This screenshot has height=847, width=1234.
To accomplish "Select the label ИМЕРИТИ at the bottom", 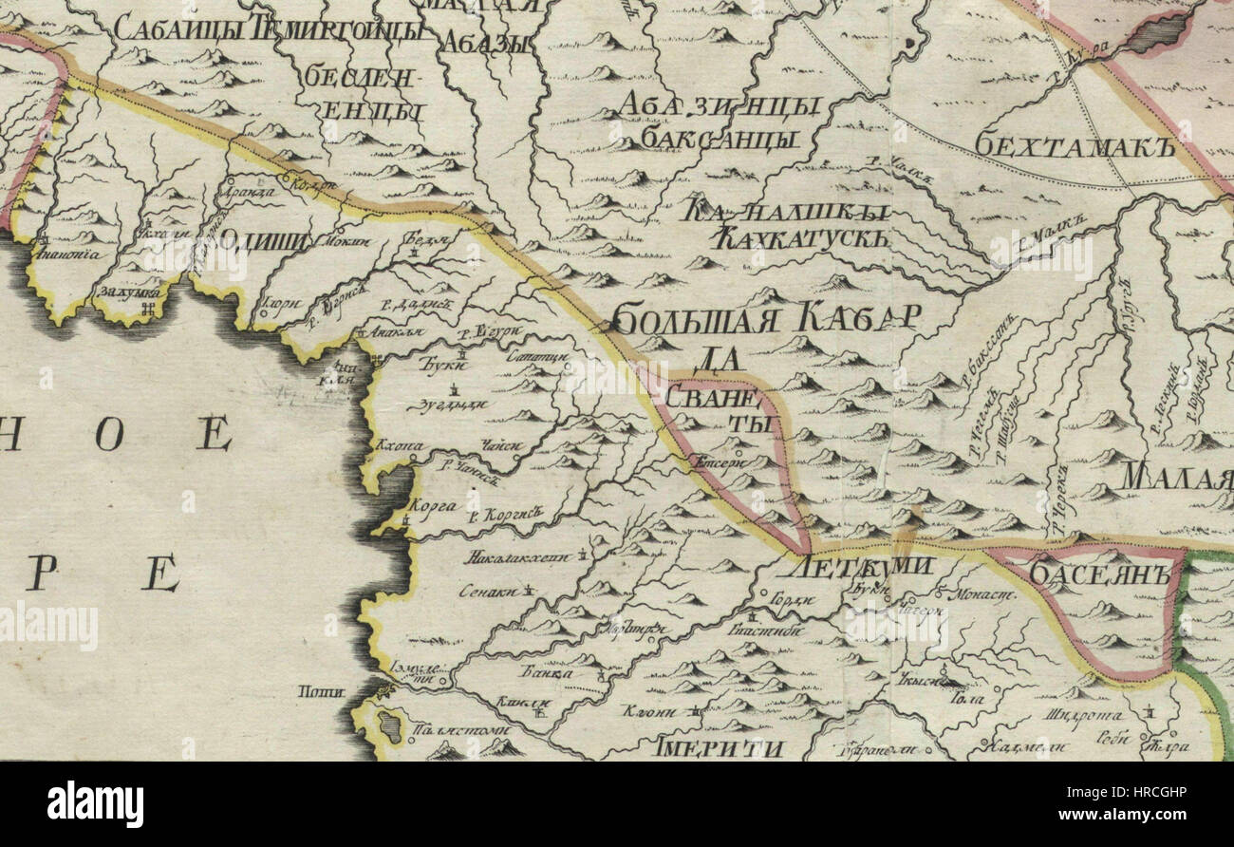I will point(719,747).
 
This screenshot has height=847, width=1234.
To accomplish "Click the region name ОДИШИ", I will point(265,238).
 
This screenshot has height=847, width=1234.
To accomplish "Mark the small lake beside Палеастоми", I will point(389,726).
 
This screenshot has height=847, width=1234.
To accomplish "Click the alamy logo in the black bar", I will point(95,803).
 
